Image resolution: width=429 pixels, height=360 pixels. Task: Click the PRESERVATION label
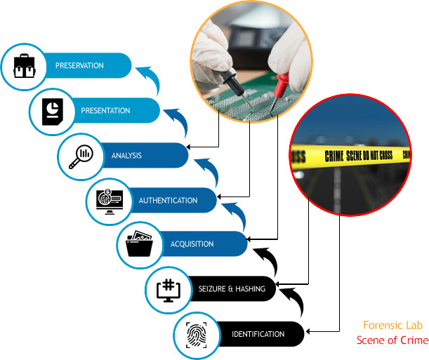79,65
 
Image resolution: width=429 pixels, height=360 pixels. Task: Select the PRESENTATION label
105,110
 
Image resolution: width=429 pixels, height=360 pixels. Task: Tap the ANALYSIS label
126,155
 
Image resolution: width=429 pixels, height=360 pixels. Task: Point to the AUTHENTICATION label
168,200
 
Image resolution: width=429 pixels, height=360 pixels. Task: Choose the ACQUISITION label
192,244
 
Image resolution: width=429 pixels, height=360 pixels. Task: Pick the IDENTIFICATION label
258,333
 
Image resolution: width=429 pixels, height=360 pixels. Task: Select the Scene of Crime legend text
392,340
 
